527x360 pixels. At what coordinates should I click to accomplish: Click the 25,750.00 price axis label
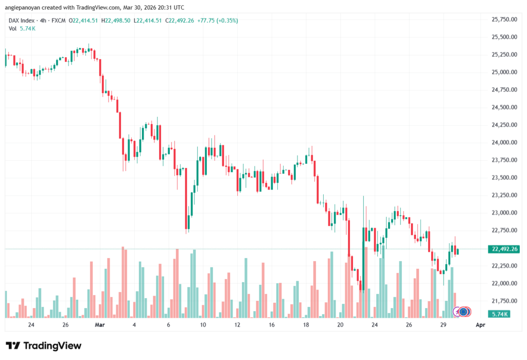coord(504,20)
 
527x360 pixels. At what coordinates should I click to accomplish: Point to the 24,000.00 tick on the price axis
coord(504,143)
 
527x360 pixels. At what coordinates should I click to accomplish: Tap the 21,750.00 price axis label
coord(504,301)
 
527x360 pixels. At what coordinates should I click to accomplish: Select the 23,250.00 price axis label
coord(504,195)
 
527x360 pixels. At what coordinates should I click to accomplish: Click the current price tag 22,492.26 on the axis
coord(504,249)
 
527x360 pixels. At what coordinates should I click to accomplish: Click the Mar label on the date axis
coord(100,325)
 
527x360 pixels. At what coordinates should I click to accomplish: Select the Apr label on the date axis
coord(480,325)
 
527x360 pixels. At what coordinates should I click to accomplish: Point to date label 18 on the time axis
coord(306,325)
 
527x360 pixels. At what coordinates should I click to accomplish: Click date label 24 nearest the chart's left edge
coord(31,325)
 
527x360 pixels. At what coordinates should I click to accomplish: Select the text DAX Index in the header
coord(22,21)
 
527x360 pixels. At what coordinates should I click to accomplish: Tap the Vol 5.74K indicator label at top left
coord(22,28)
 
